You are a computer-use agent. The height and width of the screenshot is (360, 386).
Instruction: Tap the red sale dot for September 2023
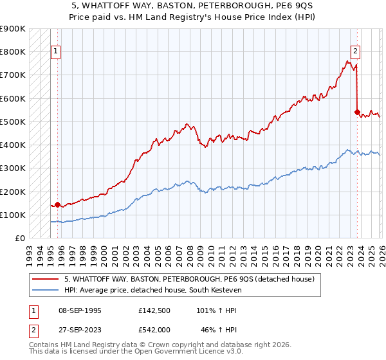(357, 112)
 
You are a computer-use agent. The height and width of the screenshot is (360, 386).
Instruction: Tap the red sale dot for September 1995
(57, 205)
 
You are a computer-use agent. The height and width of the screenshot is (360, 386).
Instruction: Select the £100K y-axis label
(13, 215)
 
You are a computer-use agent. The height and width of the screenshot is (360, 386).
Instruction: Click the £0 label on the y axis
(19, 238)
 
